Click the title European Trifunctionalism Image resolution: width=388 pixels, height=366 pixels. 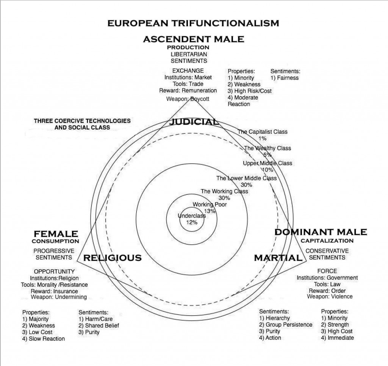click(193, 23)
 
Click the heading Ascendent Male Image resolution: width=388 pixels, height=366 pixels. click(193, 39)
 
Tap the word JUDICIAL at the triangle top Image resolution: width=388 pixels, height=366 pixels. click(194, 122)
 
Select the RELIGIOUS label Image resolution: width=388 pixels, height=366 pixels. click(112, 258)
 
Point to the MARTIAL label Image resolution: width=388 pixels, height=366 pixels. click(278, 258)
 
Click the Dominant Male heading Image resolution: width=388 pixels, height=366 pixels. click(321, 232)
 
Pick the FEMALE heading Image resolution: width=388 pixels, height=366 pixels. click(56, 234)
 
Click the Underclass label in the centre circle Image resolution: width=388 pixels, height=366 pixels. click(192, 216)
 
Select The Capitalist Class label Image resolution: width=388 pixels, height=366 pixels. click(263, 132)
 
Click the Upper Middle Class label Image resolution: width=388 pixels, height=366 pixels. click(268, 163)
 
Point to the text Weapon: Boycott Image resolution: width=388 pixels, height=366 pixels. click(188, 99)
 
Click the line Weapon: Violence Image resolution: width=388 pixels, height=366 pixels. click(330, 296)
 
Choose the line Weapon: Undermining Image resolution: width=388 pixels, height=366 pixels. click(59, 297)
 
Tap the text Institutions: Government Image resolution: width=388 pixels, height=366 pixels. click(327, 278)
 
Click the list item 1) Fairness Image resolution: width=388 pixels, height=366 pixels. click(285, 78)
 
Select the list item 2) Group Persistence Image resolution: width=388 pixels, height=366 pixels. click(286, 325)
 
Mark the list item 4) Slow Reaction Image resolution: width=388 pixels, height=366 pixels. click(44, 339)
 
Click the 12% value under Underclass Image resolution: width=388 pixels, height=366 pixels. click(192, 222)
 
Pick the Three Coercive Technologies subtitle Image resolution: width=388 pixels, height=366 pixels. click(82, 124)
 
